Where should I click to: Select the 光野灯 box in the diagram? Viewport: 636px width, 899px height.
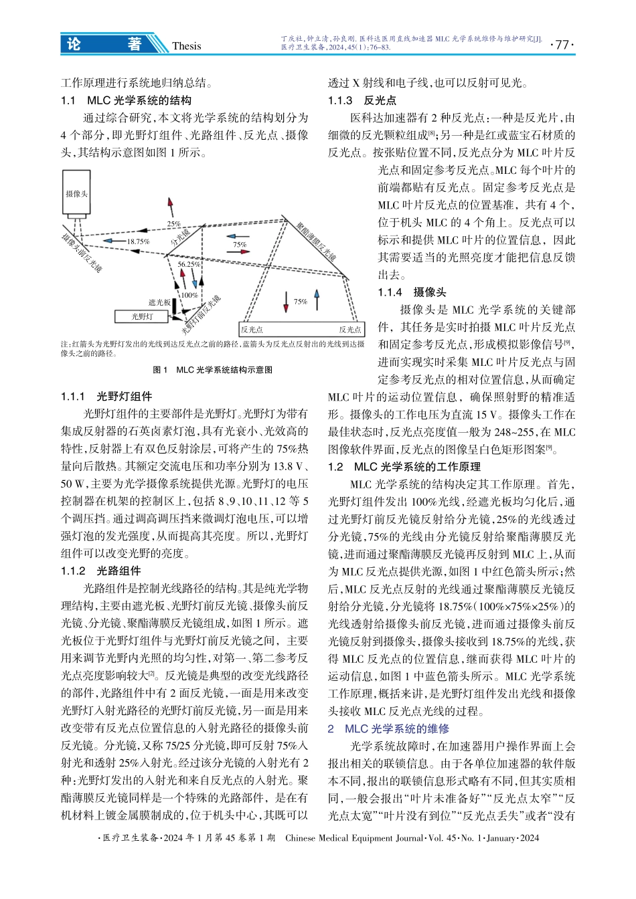142,316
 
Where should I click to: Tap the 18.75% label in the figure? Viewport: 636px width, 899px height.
138,241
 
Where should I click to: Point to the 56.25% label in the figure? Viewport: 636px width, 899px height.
188,264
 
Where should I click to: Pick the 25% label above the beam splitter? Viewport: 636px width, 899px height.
173,224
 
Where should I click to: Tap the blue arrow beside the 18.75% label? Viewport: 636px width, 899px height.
115,241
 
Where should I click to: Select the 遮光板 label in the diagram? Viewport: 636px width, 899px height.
159,302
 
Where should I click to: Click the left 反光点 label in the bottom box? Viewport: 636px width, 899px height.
252,329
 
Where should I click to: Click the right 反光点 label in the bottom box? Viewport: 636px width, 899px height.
349,329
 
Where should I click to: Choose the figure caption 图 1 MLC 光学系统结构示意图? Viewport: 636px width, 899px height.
213,369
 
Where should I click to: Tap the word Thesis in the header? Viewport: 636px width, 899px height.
186,45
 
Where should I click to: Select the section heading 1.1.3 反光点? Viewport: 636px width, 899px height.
362,100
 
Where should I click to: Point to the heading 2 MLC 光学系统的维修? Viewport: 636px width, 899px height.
388,728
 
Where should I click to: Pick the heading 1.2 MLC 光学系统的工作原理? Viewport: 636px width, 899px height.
404,466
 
